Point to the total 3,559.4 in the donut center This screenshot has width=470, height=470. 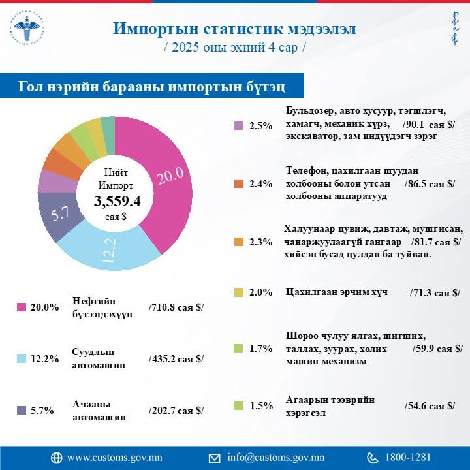[x=117, y=201]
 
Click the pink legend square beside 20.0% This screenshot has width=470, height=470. [x=21, y=307]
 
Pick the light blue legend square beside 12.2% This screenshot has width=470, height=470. [x=21, y=358]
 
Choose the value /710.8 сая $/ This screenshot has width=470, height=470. [x=176, y=307]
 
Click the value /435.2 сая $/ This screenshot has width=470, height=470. [x=176, y=358]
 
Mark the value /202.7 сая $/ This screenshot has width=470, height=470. [x=176, y=410]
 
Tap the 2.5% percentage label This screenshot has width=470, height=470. [x=260, y=126]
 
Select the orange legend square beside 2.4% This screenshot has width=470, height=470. [x=239, y=184]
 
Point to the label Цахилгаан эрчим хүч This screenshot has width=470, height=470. [x=337, y=292]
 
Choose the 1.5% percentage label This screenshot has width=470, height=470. [x=260, y=406]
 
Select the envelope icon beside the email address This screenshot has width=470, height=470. [x=214, y=458]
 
